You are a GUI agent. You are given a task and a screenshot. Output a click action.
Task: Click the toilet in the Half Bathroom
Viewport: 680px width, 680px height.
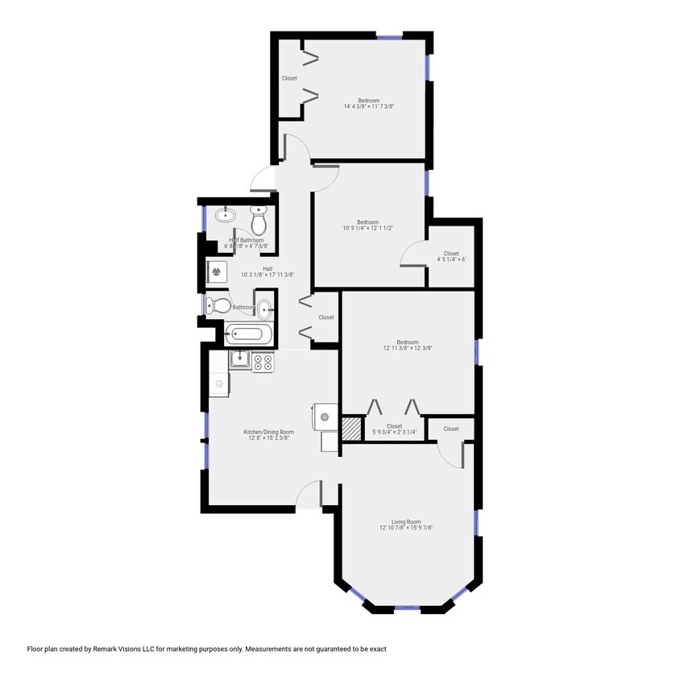(x=259, y=219)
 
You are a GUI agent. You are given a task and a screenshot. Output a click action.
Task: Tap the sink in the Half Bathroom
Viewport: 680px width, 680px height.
(x=225, y=216)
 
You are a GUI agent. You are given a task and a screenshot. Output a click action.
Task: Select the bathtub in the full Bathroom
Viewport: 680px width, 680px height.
(x=249, y=333)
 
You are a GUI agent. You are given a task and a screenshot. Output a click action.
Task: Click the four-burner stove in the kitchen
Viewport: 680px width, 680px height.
(x=263, y=362)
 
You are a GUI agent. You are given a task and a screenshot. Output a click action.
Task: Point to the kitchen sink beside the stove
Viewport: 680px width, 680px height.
(x=239, y=359)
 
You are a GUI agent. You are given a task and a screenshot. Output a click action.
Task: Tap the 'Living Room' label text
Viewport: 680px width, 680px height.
(x=406, y=522)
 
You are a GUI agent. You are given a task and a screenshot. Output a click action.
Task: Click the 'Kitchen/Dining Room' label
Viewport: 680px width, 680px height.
(x=270, y=432)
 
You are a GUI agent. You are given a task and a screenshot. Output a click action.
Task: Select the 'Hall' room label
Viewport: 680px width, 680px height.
(x=267, y=269)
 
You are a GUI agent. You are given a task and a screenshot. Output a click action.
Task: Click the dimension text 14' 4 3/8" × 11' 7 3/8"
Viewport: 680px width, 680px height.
(x=368, y=106)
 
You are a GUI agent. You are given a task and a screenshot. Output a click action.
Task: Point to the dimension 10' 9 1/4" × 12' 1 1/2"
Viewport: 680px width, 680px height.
(x=367, y=228)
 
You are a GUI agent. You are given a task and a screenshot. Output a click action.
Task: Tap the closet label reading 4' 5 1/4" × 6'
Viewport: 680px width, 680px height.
(x=451, y=259)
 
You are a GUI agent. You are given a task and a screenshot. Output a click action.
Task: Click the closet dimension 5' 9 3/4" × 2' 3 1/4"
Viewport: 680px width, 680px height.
(x=394, y=433)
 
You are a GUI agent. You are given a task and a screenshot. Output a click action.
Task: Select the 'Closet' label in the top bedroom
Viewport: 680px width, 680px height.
(x=289, y=78)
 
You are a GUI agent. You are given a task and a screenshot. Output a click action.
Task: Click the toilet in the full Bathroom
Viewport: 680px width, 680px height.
(x=214, y=305)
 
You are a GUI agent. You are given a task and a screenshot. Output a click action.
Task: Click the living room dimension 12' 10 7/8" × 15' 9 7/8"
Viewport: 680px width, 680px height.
(x=406, y=529)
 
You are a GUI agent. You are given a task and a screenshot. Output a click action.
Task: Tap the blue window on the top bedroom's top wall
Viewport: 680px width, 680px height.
(x=390, y=35)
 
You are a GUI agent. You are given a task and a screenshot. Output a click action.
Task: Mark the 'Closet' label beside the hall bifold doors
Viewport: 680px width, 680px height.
(x=325, y=317)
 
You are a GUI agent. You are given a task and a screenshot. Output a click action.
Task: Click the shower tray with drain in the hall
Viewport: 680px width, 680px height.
(x=217, y=272)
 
